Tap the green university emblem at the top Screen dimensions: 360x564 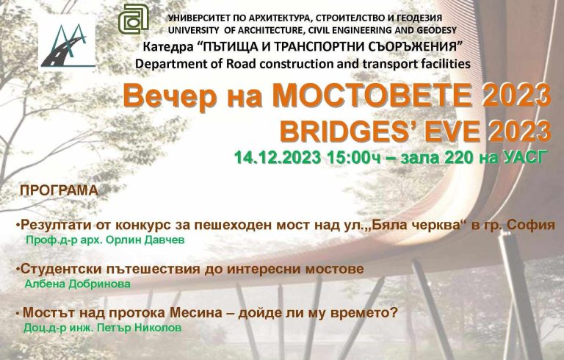[134, 18]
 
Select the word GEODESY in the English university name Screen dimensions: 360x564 [436, 30]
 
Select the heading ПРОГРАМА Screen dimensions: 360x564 [59, 191]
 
